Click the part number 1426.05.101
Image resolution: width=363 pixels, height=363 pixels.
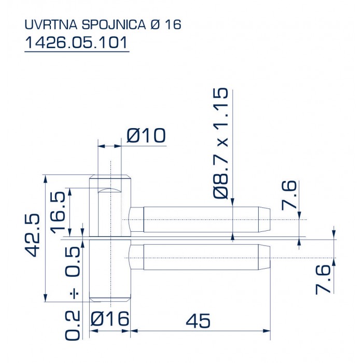click(76, 43)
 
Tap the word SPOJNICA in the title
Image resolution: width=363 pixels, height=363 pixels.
click(114, 24)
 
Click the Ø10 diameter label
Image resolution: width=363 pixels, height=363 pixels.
click(146, 135)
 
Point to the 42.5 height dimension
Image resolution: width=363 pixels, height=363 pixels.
click(32, 235)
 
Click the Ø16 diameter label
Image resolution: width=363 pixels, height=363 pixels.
click(109, 318)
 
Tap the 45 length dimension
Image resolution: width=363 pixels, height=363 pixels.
click(198, 320)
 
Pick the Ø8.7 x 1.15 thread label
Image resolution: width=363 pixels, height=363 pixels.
click(220, 143)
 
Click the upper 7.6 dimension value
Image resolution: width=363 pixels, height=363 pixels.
click(289, 195)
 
